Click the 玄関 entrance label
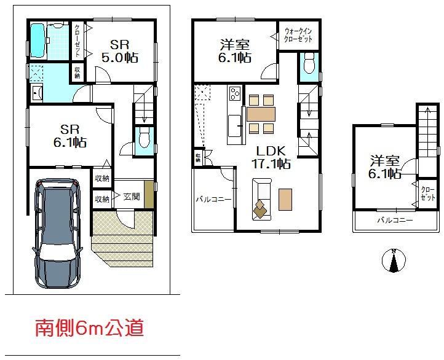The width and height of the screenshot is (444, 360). [132, 197]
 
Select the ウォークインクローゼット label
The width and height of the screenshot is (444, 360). [298, 34]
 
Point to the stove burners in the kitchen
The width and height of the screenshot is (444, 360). [236, 94]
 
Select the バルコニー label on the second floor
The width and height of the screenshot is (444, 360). [213, 200]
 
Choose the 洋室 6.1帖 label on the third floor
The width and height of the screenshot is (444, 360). [385, 167]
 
